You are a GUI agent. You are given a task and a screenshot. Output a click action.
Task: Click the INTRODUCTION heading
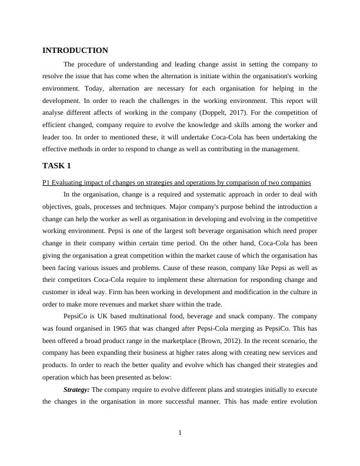[75, 51]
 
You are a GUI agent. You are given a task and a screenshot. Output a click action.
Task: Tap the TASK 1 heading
[57, 166]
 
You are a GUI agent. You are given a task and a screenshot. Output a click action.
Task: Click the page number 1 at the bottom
[180, 434]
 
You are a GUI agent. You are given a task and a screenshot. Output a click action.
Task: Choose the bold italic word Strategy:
[76, 390]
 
